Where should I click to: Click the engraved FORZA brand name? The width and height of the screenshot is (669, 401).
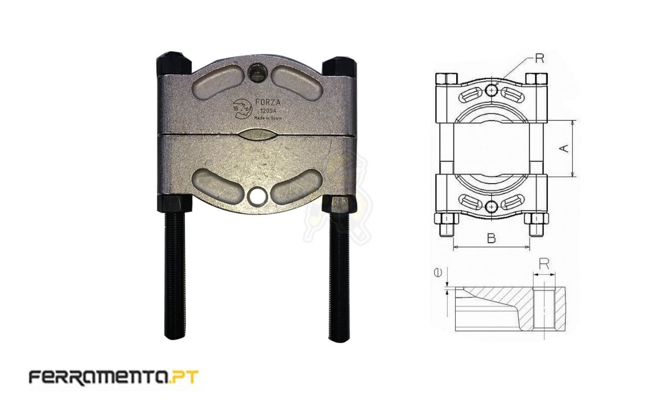pyautogui.click(x=267, y=103)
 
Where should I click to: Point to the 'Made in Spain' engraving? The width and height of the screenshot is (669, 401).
pyautogui.click(x=268, y=118)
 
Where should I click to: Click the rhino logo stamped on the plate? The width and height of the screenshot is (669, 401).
pyautogui.click(x=241, y=108)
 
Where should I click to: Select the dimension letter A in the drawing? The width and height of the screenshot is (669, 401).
pyautogui.click(x=565, y=148)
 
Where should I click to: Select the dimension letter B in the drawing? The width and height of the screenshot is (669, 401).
pyautogui.click(x=491, y=238)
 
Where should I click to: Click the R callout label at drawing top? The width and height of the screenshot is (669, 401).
pyautogui.click(x=540, y=59)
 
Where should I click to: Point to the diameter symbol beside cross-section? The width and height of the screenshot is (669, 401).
pyautogui.click(x=439, y=272)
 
